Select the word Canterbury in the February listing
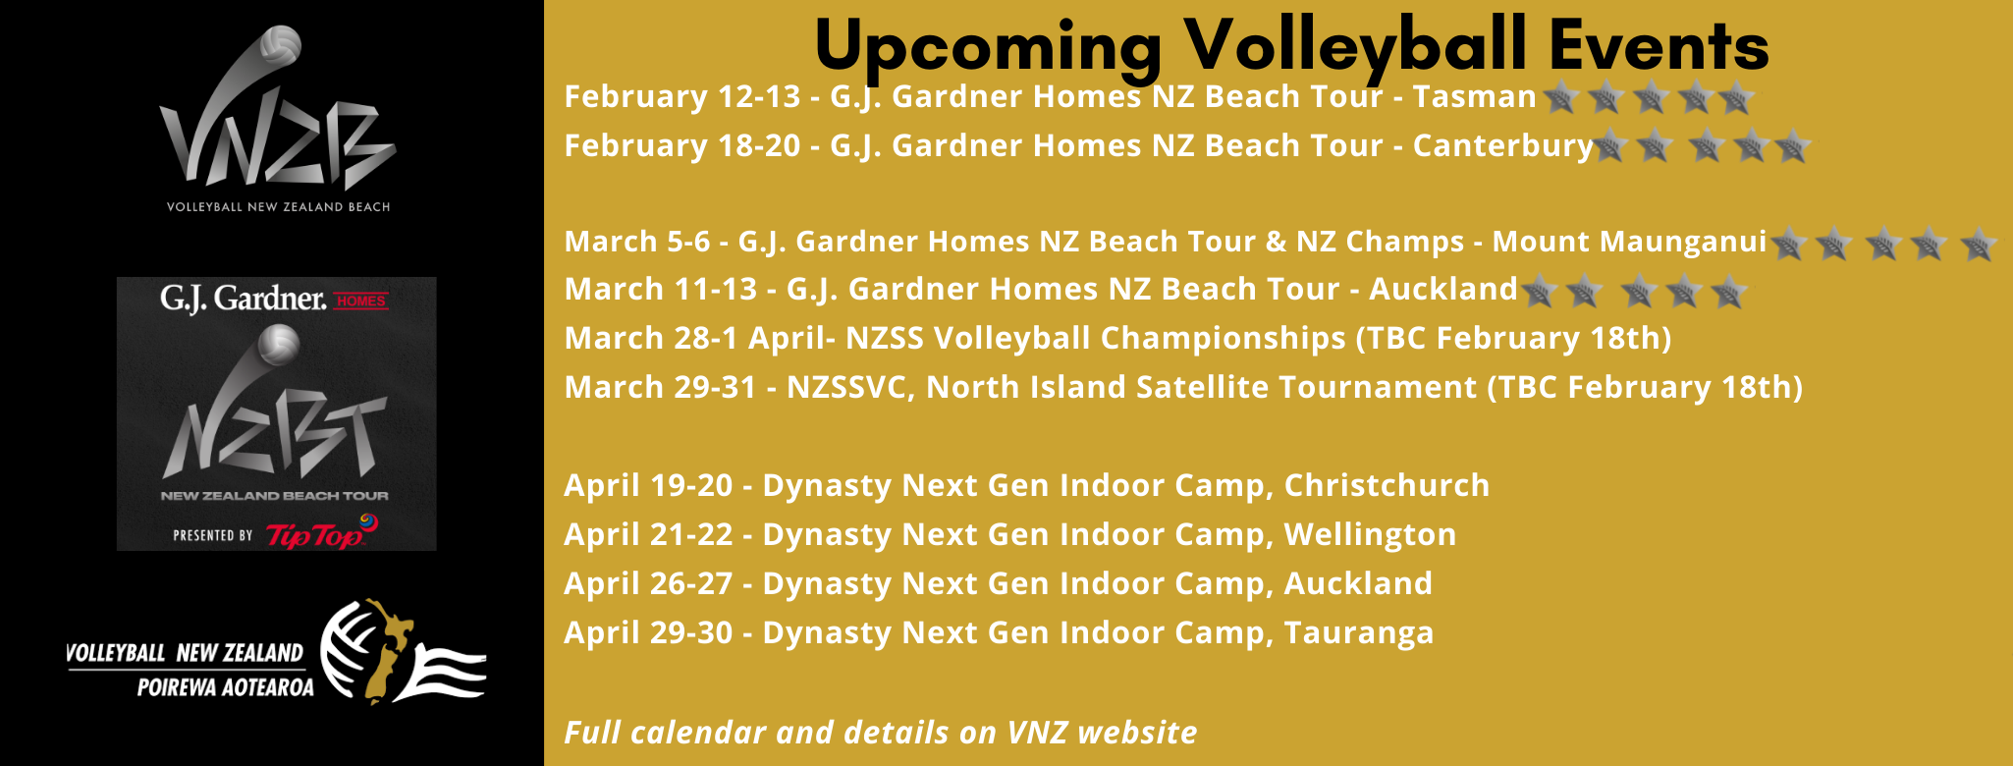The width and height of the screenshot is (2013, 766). pyautogui.click(x=1502, y=146)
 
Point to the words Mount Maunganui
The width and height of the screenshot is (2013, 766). pyautogui.click(x=1629, y=242)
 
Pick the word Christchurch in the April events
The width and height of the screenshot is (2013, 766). pyautogui.click(x=1387, y=485)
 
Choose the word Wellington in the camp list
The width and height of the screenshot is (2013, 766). pyautogui.click(x=1370, y=535)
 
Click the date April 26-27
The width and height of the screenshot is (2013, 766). pyautogui.click(x=648, y=584)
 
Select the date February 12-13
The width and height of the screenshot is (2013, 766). pyautogui.click(x=682, y=96)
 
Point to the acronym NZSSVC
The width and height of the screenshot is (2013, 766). pyautogui.click(x=850, y=388)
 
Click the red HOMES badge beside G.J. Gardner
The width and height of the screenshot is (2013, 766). pyautogui.click(x=361, y=301)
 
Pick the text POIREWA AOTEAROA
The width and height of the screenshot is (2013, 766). pyautogui.click(x=226, y=687)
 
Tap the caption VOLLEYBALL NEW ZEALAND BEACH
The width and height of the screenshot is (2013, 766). pyautogui.click(x=278, y=207)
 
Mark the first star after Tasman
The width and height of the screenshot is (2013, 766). pyautogui.click(x=1560, y=97)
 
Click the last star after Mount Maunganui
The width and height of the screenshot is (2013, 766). pyautogui.click(x=1978, y=244)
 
